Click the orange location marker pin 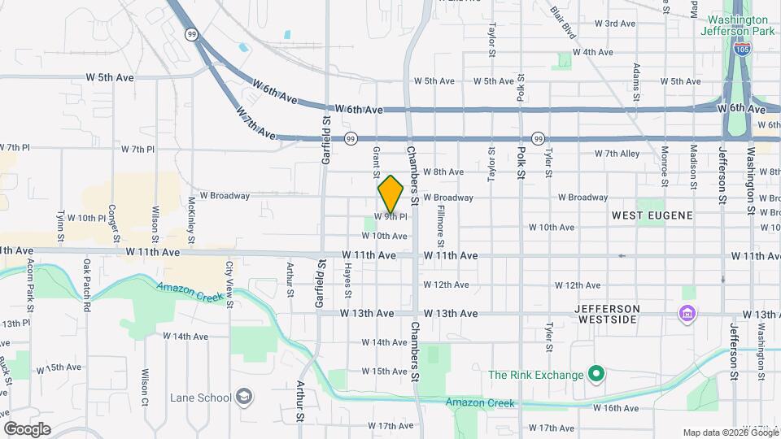(x=390, y=194)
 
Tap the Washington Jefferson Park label (x=737, y=26)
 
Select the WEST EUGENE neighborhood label (x=652, y=215)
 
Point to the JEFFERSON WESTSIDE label (x=618, y=315)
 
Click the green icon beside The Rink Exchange (x=596, y=375)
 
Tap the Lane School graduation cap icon (x=244, y=398)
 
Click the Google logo (x=27, y=428)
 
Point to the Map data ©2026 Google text (x=730, y=432)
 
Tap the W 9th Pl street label (x=390, y=216)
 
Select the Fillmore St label (x=440, y=226)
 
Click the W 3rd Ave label (x=614, y=24)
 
